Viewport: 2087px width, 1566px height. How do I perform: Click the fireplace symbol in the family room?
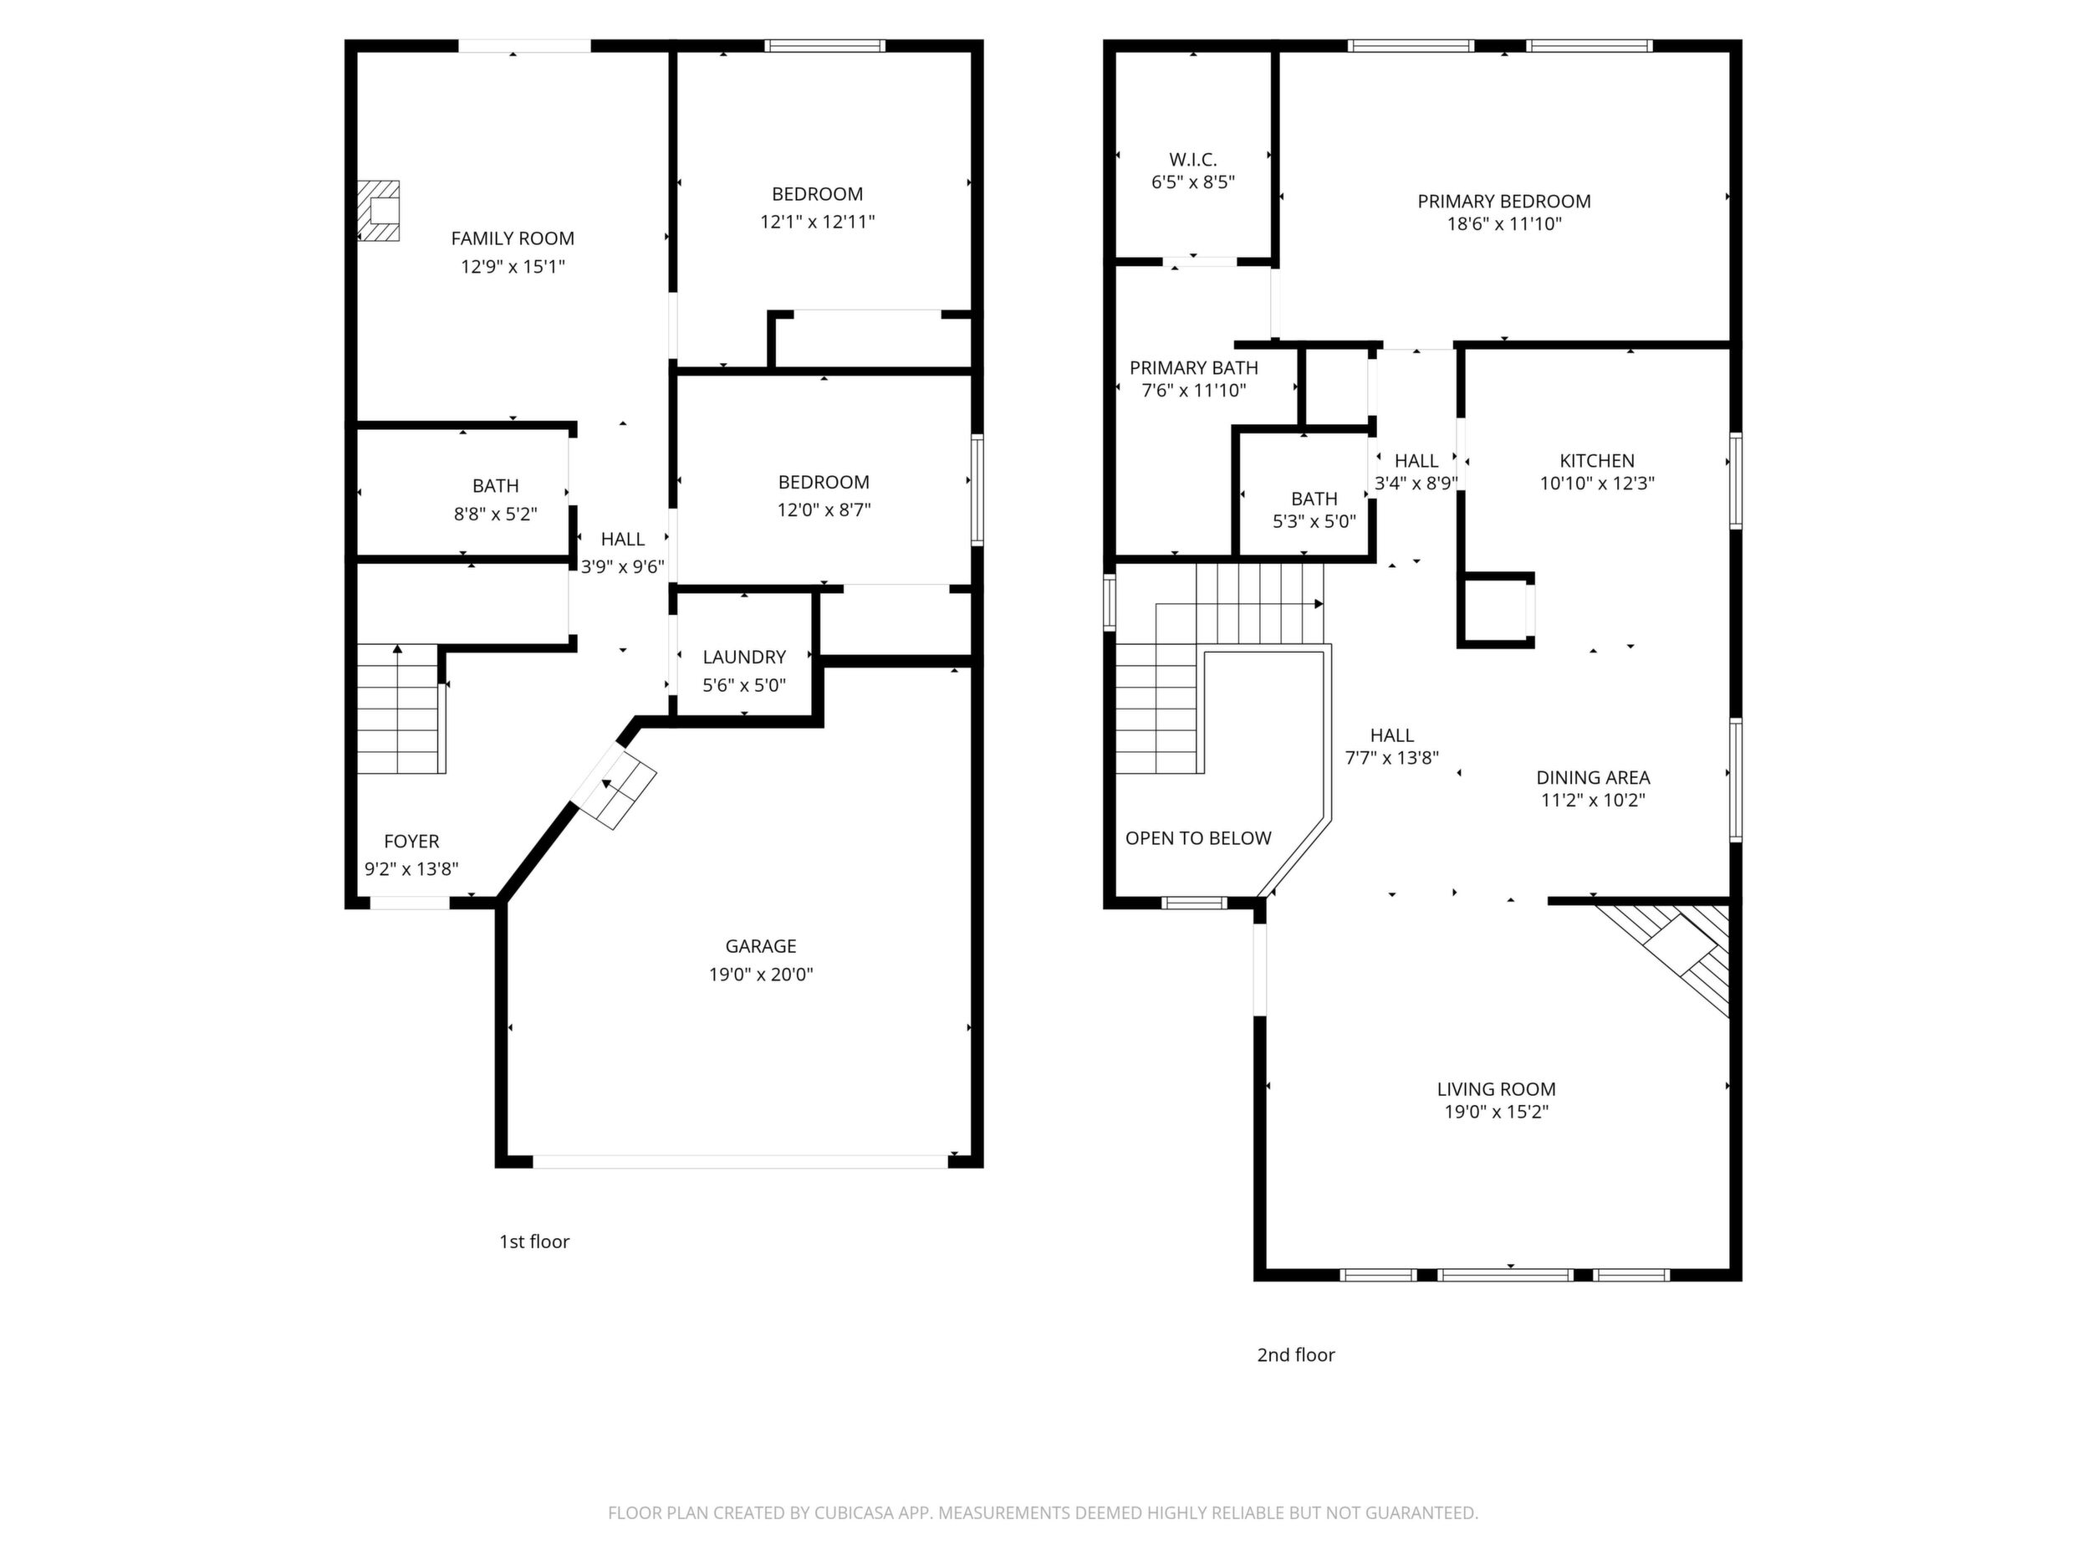point(378,211)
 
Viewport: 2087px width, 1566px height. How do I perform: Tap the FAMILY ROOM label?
point(513,238)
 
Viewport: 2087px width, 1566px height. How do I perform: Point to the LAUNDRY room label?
point(744,657)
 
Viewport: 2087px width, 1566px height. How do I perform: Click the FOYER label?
point(411,841)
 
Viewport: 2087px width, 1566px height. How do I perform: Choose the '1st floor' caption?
point(534,1241)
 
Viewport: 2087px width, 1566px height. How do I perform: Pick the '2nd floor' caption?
point(1295,1354)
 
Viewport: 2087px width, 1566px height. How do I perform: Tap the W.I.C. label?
point(1192,160)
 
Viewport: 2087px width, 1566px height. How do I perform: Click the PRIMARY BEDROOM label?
point(1504,201)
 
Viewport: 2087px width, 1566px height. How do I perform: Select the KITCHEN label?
point(1596,461)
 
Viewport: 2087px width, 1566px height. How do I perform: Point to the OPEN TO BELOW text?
point(1198,838)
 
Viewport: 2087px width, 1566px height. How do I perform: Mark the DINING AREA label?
point(1593,778)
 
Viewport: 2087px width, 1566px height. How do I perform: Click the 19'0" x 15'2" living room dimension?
point(1497,1112)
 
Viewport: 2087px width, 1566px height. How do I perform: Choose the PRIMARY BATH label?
point(1193,368)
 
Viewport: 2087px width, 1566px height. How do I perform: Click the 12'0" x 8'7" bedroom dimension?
point(824,509)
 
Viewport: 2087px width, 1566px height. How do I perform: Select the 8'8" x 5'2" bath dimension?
point(495,514)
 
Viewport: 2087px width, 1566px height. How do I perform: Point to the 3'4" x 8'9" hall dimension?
point(1416,484)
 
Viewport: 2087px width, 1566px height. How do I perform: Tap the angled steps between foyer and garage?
point(616,788)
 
